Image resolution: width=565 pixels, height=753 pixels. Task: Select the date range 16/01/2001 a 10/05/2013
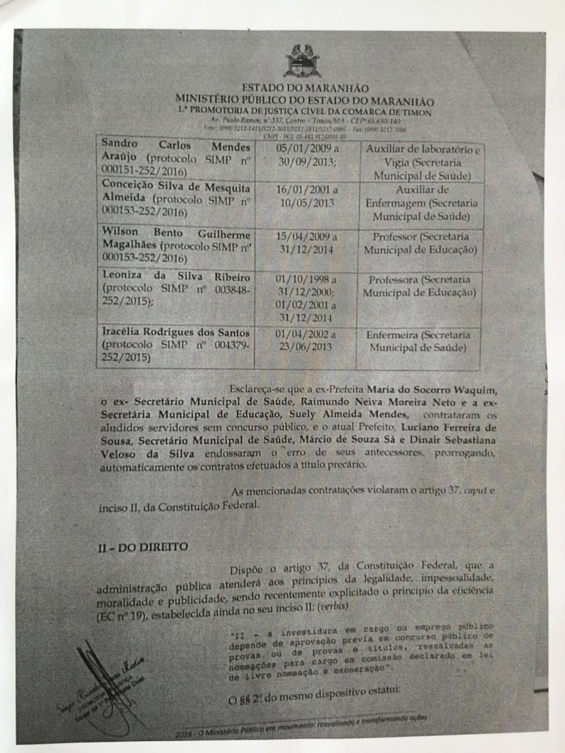[305, 196]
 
